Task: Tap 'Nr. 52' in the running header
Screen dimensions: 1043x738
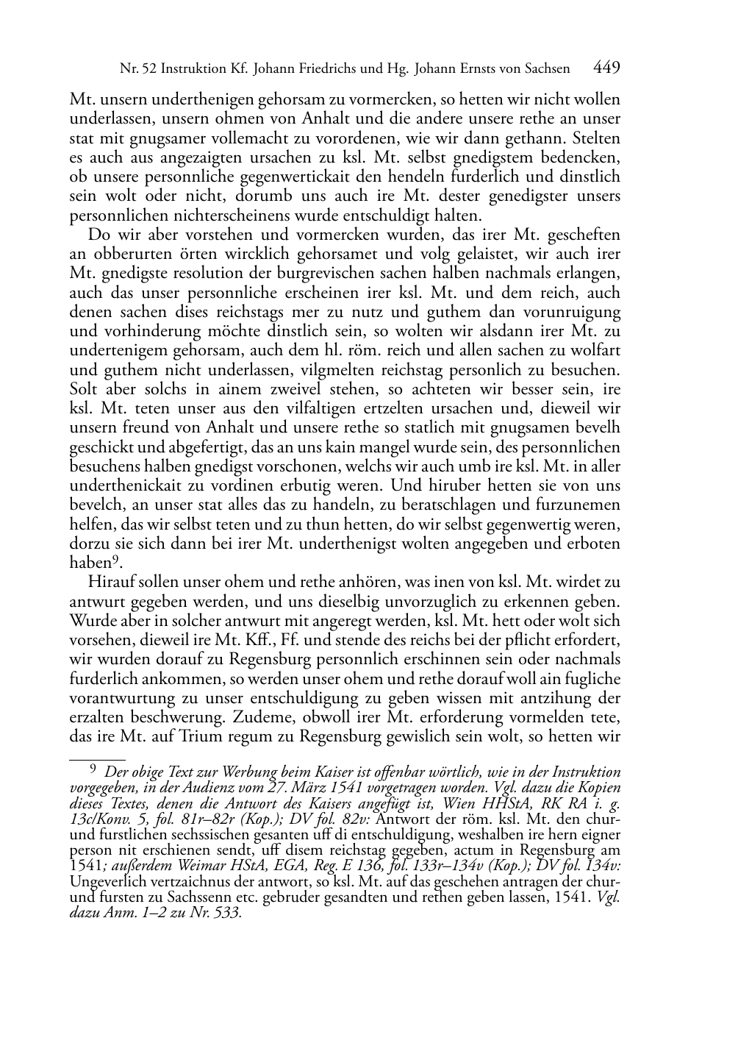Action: point(138,69)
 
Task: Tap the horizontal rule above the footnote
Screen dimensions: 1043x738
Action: point(97,757)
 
